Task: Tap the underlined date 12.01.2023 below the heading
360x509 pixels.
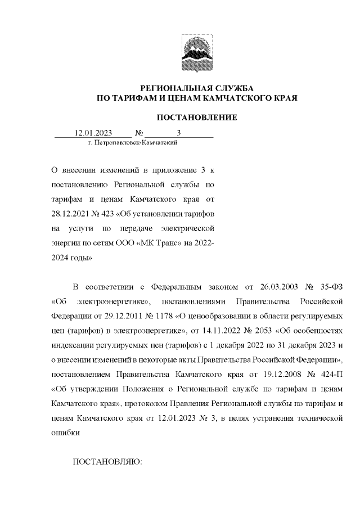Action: tap(94, 133)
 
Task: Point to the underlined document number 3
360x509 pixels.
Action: tap(179, 133)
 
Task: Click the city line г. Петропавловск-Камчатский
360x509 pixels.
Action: tap(133, 143)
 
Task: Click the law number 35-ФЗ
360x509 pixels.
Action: tap(330, 286)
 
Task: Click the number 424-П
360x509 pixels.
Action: tap(330, 374)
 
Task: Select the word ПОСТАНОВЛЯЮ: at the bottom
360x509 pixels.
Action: tap(109, 462)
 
